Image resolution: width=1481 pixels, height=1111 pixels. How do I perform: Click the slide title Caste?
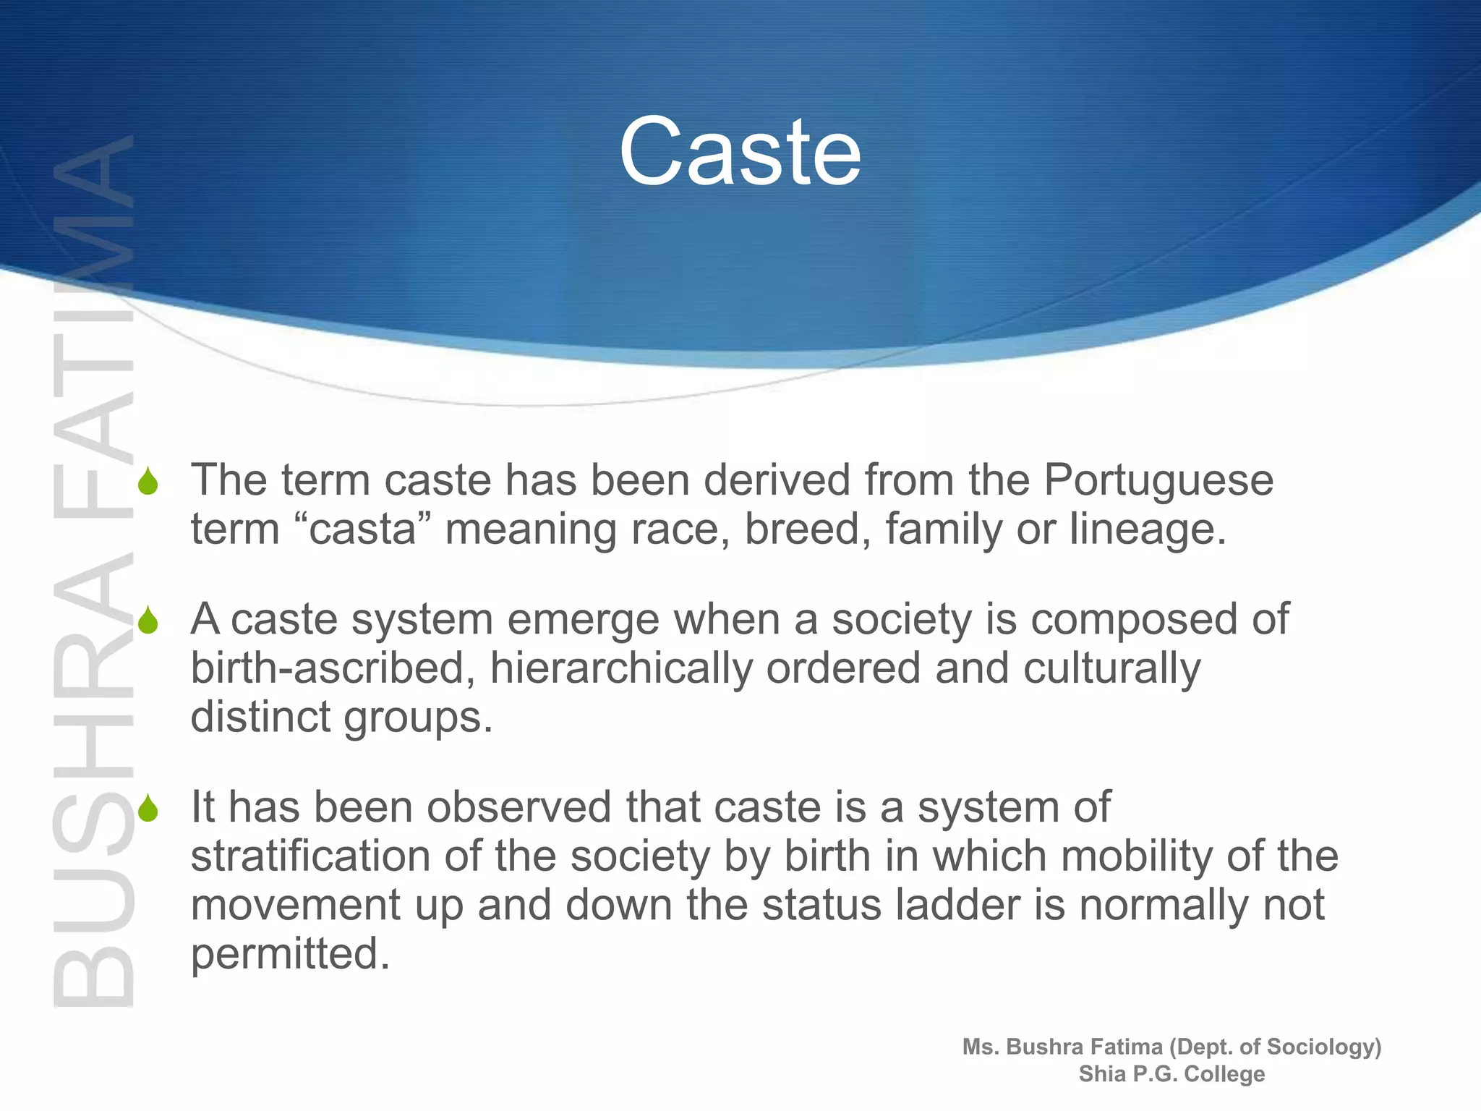coord(740,152)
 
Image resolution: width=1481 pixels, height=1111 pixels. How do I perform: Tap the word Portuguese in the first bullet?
coord(1158,480)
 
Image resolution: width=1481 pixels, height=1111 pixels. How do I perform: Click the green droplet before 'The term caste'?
coord(148,482)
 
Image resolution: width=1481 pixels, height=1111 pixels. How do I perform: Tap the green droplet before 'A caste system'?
coord(148,621)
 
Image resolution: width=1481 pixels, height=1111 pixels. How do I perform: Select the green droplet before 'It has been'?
coord(148,808)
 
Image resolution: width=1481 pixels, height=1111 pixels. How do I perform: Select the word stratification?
coord(311,856)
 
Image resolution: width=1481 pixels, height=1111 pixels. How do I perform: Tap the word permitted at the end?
coord(289,954)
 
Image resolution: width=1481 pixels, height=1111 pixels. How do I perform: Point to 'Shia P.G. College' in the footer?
coord(1171,1074)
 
